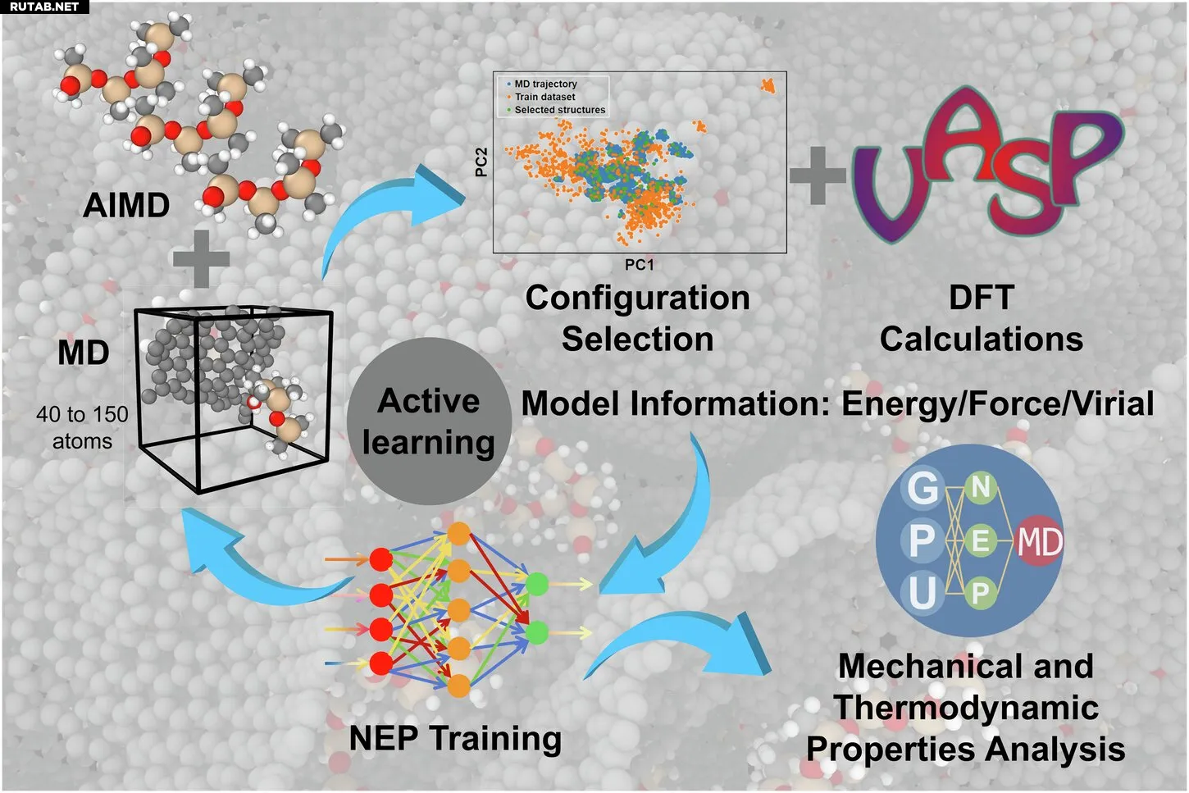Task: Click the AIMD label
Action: (126, 205)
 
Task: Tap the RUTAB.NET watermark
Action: (44, 7)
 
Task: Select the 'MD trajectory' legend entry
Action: (545, 84)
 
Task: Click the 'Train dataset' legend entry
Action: (544, 97)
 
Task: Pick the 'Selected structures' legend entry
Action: (559, 110)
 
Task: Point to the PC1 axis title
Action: (640, 265)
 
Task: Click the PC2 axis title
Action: (481, 162)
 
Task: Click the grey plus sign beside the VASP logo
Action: (817, 175)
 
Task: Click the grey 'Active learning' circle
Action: (429, 421)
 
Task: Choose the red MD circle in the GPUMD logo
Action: (1040, 541)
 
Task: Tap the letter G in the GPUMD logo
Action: (922, 489)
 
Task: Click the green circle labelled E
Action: (980, 541)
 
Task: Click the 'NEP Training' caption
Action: (455, 738)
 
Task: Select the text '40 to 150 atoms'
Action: (82, 427)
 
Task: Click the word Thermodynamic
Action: (966, 708)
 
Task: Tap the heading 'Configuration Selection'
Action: (638, 318)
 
